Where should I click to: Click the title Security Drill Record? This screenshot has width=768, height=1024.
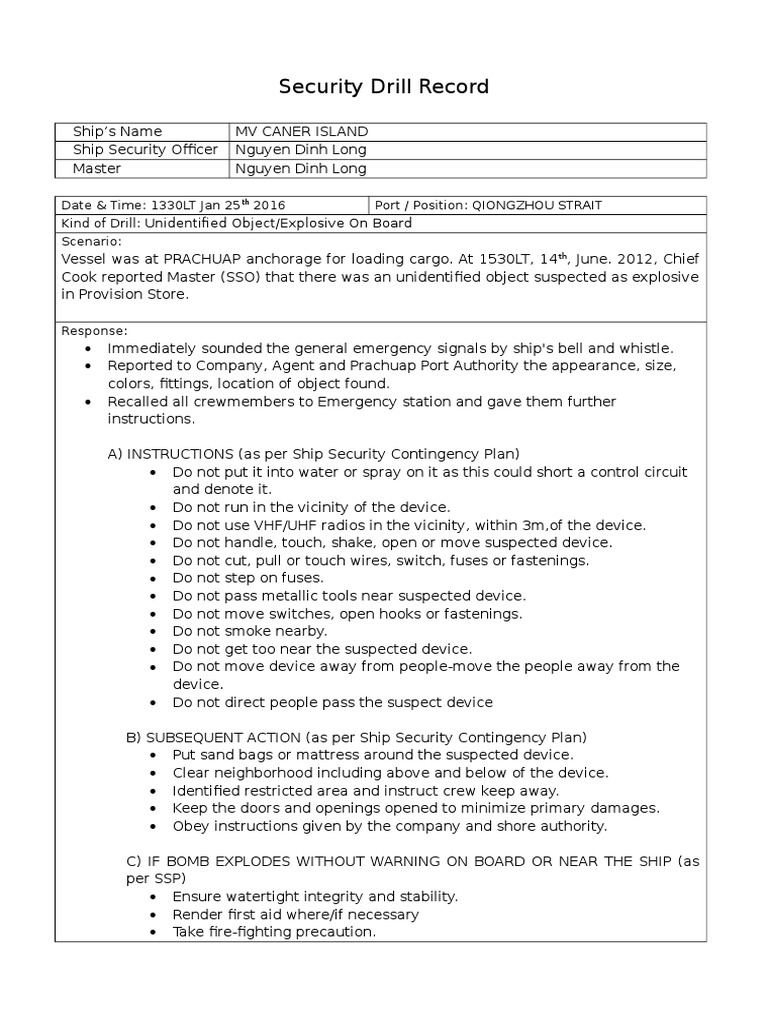[384, 87]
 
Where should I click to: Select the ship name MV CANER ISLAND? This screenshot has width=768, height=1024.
[301, 132]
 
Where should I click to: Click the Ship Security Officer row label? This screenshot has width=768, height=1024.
[145, 150]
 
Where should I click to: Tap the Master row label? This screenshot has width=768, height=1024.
[97, 169]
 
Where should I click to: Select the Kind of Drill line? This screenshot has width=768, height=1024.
[236, 223]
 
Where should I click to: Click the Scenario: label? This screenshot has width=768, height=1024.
[92, 241]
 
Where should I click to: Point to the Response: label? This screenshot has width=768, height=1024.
[95, 330]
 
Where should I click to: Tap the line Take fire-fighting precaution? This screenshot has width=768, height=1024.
[274, 932]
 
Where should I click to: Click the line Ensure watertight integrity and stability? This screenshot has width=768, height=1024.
[315, 897]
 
